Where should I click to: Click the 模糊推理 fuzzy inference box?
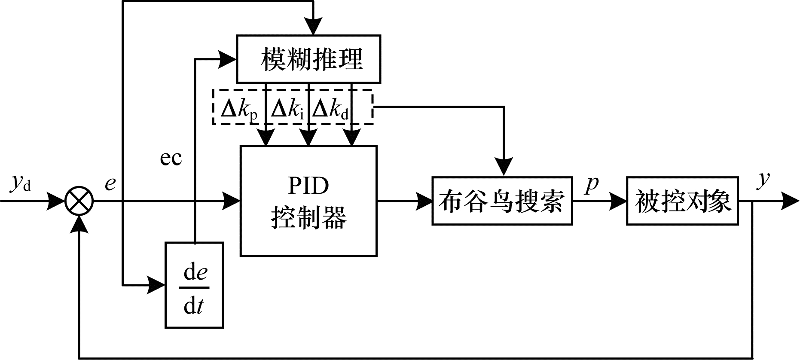pyautogui.click(x=308, y=59)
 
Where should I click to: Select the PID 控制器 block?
pyautogui.click(x=308, y=201)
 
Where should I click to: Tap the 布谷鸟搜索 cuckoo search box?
pyautogui.click(x=502, y=201)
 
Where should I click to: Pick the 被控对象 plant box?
pyautogui.click(x=682, y=201)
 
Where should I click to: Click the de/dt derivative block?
pyautogui.click(x=194, y=285)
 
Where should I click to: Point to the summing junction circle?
pyautogui.click(x=79, y=201)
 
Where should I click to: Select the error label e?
pyautogui.click(x=110, y=184)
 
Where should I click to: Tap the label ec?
pyautogui.click(x=171, y=158)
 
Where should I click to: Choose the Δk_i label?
pyautogui.click(x=287, y=110)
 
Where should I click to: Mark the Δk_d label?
pyautogui.click(x=330, y=110)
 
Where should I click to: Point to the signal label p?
pyautogui.click(x=592, y=184)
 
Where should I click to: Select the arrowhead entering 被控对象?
pyautogui.click(x=619, y=201)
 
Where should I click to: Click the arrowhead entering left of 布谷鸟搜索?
pyautogui.click(x=424, y=201)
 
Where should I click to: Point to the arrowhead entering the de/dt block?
pyautogui.click(x=157, y=284)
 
